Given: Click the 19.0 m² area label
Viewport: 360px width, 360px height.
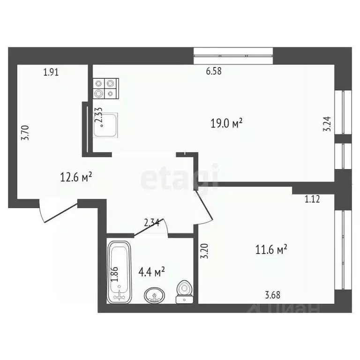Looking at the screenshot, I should click(x=226, y=124).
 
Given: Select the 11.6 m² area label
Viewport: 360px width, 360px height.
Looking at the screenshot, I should click(x=271, y=250).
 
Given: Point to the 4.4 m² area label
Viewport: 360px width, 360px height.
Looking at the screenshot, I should click(x=152, y=271).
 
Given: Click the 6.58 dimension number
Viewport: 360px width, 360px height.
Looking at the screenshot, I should click(x=213, y=72).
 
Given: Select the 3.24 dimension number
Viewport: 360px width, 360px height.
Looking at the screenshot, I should click(x=327, y=127).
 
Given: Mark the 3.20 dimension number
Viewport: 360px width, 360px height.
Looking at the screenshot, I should click(x=203, y=252).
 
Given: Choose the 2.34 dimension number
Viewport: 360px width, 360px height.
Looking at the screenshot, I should click(x=151, y=223).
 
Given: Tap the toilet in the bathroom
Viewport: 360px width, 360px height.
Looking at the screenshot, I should click(x=184, y=292).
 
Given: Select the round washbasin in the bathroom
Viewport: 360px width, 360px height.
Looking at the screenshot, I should click(x=155, y=295).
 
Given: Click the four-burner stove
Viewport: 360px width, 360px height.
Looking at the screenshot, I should click(x=104, y=88).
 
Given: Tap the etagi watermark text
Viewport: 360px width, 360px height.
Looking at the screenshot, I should click(x=180, y=179).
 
